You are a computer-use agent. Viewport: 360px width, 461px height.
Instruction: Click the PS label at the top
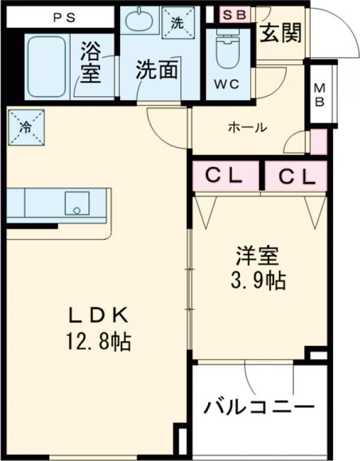63,17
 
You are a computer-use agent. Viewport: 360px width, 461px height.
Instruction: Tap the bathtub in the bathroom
46,66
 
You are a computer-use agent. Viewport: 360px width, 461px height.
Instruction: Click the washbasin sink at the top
140,20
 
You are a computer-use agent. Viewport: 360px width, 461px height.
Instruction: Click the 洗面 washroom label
156,71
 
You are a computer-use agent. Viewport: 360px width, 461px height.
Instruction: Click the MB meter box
320,94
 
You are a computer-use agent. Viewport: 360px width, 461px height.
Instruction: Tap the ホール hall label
247,127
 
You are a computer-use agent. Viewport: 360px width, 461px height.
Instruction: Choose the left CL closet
225,176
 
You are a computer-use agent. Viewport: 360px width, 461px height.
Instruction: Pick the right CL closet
296,176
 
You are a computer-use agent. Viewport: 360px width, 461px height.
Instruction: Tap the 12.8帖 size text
99,343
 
